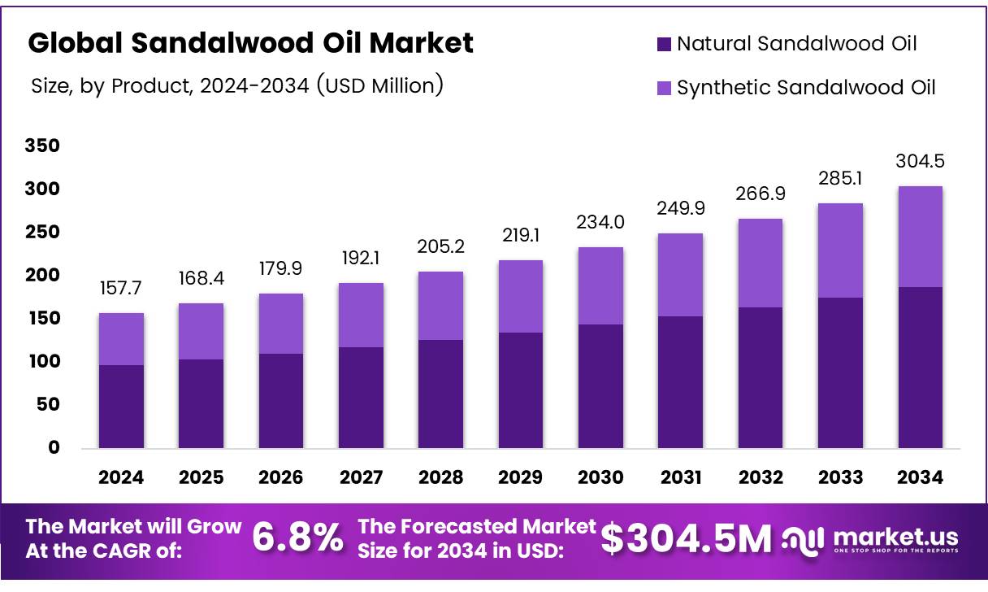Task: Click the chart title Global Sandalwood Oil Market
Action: pyautogui.click(x=250, y=43)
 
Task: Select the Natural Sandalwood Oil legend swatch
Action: pyautogui.click(x=664, y=44)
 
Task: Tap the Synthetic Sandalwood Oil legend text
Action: pyautogui.click(x=806, y=87)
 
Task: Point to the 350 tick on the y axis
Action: pyautogui.click(x=42, y=146)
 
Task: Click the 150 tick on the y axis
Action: pyautogui.click(x=42, y=319)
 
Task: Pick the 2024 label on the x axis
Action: pyautogui.click(x=121, y=477)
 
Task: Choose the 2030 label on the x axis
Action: pyautogui.click(x=600, y=477)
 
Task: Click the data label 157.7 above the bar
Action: pyautogui.click(x=121, y=289)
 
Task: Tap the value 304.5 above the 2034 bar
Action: pyautogui.click(x=920, y=162)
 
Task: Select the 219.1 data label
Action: pyautogui.click(x=520, y=236)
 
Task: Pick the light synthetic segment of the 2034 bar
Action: pyautogui.click(x=920, y=236)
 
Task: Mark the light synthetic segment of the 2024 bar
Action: pyautogui.click(x=121, y=338)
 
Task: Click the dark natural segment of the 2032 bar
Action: pyautogui.click(x=760, y=377)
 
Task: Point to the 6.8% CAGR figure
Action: pyautogui.click(x=297, y=538)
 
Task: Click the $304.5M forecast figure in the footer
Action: pyautogui.click(x=687, y=538)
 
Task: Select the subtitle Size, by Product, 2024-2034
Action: pyautogui.click(x=236, y=85)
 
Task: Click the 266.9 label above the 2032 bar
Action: pyautogui.click(x=760, y=195)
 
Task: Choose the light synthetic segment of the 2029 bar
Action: pyautogui.click(x=520, y=296)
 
